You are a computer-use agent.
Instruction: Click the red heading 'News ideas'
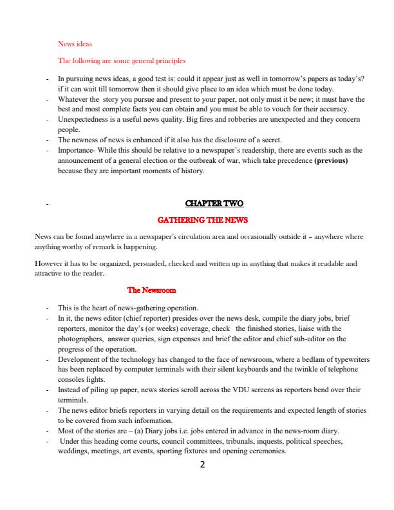click(75, 44)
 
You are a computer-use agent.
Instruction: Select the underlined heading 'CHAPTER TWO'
click(214, 204)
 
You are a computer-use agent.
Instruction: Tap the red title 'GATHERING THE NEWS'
click(203, 220)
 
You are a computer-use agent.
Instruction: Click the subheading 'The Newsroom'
click(152, 290)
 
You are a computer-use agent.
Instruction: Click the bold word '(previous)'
click(331, 160)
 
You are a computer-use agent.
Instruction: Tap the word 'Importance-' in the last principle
click(77, 150)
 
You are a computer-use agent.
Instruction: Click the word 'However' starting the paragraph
click(48, 263)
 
